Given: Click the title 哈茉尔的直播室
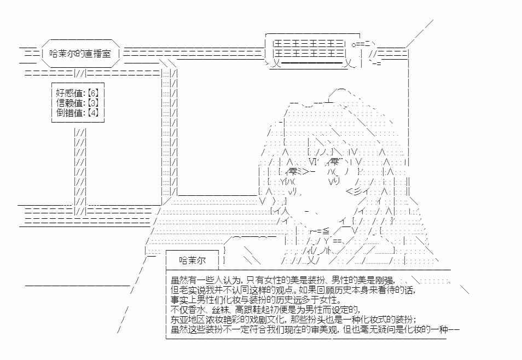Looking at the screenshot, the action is [80, 53].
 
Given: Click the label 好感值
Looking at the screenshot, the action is [69, 93].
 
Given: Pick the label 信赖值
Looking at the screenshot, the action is [69, 102].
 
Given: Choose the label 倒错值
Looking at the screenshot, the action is [69, 112].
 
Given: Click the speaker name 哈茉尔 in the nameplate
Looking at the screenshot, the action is [193, 260].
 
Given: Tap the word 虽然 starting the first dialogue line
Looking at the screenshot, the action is [180, 281].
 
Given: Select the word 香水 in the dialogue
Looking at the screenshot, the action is [199, 310].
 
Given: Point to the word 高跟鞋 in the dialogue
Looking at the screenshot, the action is [248, 310].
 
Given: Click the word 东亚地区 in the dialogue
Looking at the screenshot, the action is [189, 320].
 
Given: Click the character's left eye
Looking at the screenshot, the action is [294, 172].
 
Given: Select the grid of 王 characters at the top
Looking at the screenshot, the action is [308, 48].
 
